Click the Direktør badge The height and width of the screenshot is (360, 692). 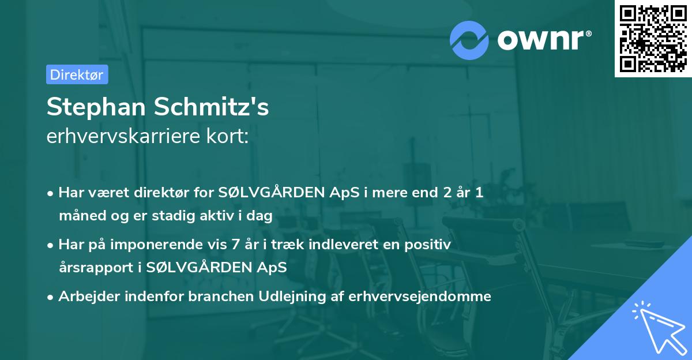[x=77, y=74]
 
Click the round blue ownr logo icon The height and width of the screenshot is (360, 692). [x=469, y=40]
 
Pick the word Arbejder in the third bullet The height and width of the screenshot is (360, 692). [x=86, y=297]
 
